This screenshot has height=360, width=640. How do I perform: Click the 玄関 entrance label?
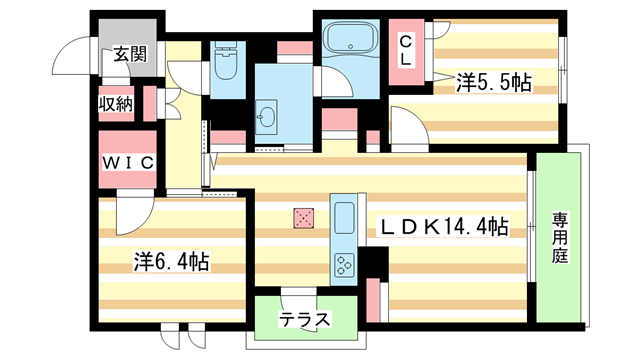point(129,54)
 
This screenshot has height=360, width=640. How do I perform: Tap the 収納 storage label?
point(116,104)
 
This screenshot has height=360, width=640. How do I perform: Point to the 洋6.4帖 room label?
point(172,262)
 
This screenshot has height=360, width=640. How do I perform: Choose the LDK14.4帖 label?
point(442,227)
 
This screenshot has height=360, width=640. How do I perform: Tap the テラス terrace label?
point(304,321)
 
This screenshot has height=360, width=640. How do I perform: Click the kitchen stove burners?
point(344,265)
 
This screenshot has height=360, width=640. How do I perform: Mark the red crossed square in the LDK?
point(303,216)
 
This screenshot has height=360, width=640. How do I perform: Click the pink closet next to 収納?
point(150,104)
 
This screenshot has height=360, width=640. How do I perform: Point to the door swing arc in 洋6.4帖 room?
point(130,210)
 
